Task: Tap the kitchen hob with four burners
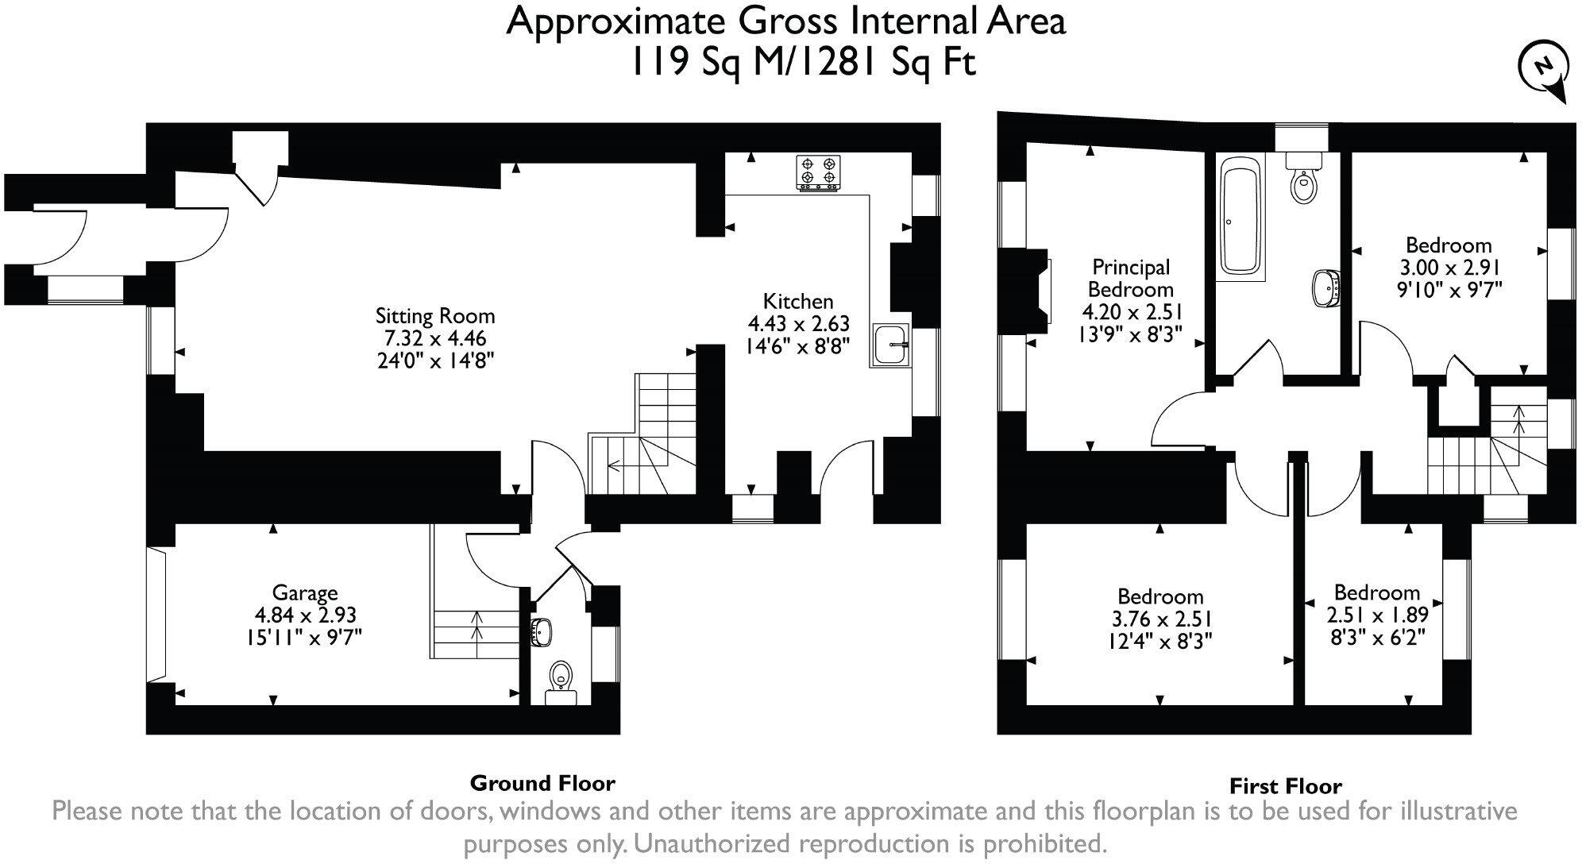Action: click(x=818, y=173)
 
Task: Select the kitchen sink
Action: click(x=891, y=345)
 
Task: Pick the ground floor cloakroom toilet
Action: click(x=561, y=682)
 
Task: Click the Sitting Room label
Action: click(x=435, y=316)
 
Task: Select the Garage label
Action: click(x=305, y=593)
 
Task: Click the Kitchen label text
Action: click(x=798, y=302)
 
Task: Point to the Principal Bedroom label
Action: click(x=1131, y=278)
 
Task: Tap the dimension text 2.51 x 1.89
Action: click(x=1378, y=615)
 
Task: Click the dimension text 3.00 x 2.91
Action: click(x=1449, y=268)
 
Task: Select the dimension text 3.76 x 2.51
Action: click(x=1160, y=619)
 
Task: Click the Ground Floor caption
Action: click(x=542, y=783)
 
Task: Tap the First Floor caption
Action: click(x=1286, y=786)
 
